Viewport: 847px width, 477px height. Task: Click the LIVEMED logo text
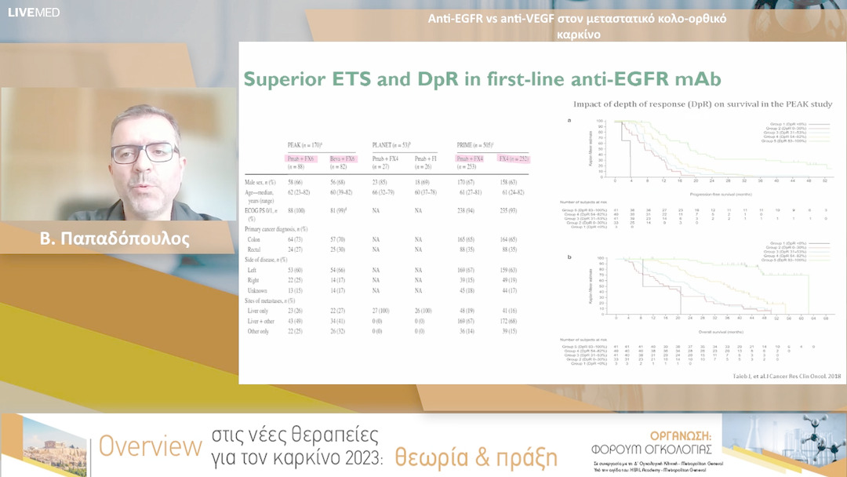click(x=34, y=13)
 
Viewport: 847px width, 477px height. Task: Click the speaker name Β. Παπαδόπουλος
click(x=115, y=238)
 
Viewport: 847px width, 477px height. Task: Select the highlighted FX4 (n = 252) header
click(x=513, y=159)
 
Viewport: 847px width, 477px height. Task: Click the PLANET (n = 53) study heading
click(x=392, y=146)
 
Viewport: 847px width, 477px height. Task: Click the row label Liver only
click(x=262, y=311)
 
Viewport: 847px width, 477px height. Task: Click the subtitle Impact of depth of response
click(x=702, y=104)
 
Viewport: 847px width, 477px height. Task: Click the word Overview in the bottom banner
click(x=150, y=447)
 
